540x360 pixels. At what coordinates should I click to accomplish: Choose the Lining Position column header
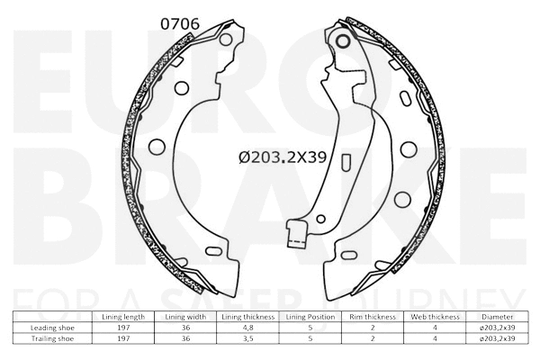(x=308, y=318)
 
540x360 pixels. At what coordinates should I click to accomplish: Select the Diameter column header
(x=498, y=318)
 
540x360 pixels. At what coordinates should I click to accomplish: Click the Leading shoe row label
(x=50, y=328)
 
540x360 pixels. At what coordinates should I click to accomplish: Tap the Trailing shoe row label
(x=50, y=339)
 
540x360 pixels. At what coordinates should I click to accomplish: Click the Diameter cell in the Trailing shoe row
(x=498, y=339)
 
